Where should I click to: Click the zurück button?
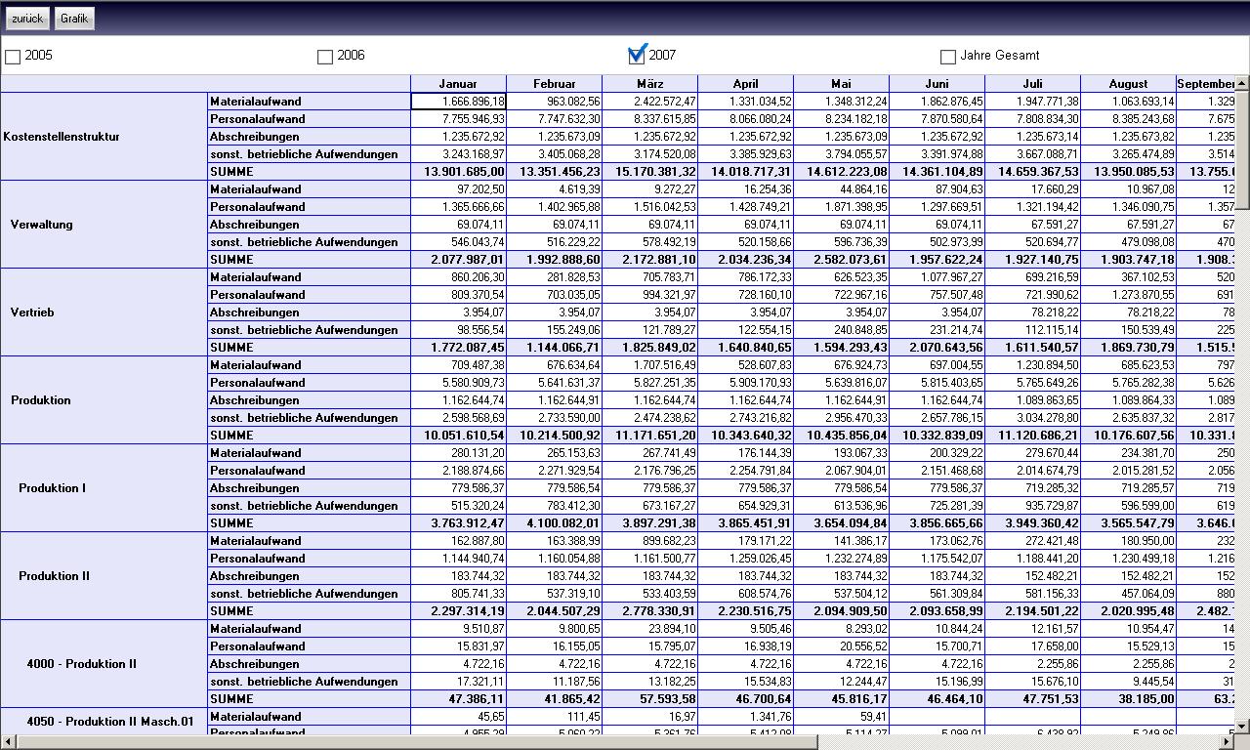pyautogui.click(x=27, y=19)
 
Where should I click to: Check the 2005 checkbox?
pyautogui.click(x=13, y=57)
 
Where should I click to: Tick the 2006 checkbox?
pyautogui.click(x=325, y=57)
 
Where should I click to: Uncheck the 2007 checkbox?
pyautogui.click(x=638, y=55)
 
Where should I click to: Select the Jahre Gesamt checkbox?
pyautogui.click(x=947, y=57)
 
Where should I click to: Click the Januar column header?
pyautogui.click(x=458, y=84)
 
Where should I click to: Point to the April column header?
pyautogui.click(x=745, y=84)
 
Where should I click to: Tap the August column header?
pyautogui.click(x=1128, y=84)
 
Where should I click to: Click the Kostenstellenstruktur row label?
pyautogui.click(x=62, y=137)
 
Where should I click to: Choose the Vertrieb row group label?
pyautogui.click(x=32, y=312)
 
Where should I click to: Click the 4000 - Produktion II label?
pyautogui.click(x=82, y=664)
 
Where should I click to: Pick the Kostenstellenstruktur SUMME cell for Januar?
pyautogui.click(x=458, y=172)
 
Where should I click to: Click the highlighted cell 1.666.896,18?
pyautogui.click(x=458, y=102)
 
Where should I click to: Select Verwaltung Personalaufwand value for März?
pyautogui.click(x=649, y=207)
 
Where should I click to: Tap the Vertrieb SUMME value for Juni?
pyautogui.click(x=937, y=348)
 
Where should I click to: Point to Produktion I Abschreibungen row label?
pyautogui.click(x=255, y=488)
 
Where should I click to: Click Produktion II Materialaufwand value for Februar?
pyautogui.click(x=554, y=541)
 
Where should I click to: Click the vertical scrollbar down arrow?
pyautogui.click(x=1242, y=726)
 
